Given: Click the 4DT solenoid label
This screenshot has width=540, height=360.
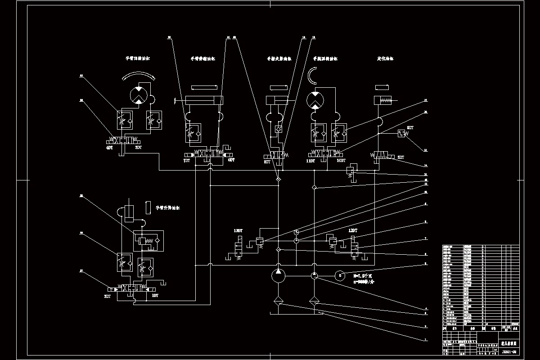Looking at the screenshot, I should pyautogui.click(x=109, y=148).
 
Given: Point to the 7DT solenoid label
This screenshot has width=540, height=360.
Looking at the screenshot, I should pyautogui.click(x=186, y=160).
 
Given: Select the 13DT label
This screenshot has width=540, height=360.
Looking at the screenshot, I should pyautogui.click(x=238, y=231).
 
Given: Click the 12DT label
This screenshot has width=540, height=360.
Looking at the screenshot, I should pyautogui.click(x=353, y=230).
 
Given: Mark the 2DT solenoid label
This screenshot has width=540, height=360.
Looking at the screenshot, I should pyautogui.click(x=108, y=296).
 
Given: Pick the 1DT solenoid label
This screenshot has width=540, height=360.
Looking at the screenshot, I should pyautogui.click(x=155, y=296).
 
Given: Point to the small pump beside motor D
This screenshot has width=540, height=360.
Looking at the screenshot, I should pyautogui.click(x=314, y=275).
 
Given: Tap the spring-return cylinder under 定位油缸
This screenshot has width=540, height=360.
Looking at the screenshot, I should pyautogui.click(x=383, y=100).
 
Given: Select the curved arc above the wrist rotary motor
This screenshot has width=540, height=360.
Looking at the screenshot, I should pyautogui.click(x=311, y=76).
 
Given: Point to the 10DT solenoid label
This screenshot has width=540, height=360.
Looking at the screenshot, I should pyautogui.click(x=341, y=160).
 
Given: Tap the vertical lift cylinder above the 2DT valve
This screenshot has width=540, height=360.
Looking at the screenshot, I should pyautogui.click(x=130, y=213).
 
